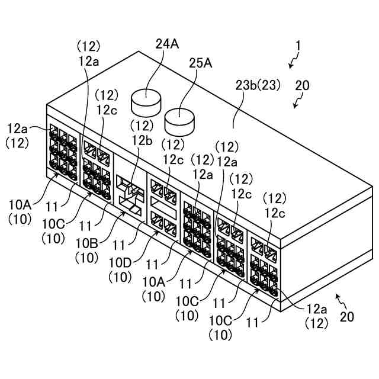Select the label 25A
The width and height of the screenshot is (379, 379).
[x=200, y=63]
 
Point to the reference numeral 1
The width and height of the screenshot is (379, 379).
[x=298, y=45]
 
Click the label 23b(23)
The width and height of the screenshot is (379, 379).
[x=258, y=85]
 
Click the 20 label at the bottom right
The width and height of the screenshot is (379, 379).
[x=346, y=317]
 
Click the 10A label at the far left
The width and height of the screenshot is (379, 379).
[x=19, y=204]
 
